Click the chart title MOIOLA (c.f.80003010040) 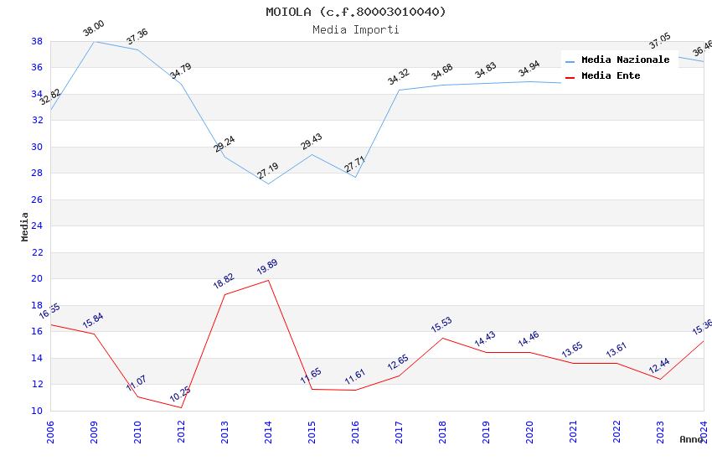[x=356, y=12]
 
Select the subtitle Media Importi [x=356, y=29]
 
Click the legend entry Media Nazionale [x=625, y=60]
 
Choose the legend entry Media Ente [x=611, y=75]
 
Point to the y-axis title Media [x=24, y=226]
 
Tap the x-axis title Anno [x=691, y=439]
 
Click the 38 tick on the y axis [x=37, y=41]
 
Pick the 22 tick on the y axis [x=37, y=252]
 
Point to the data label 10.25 [x=180, y=395]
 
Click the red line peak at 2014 [x=268, y=280]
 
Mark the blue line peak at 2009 [x=94, y=41]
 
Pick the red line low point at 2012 [x=181, y=407]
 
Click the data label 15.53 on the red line [x=441, y=325]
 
